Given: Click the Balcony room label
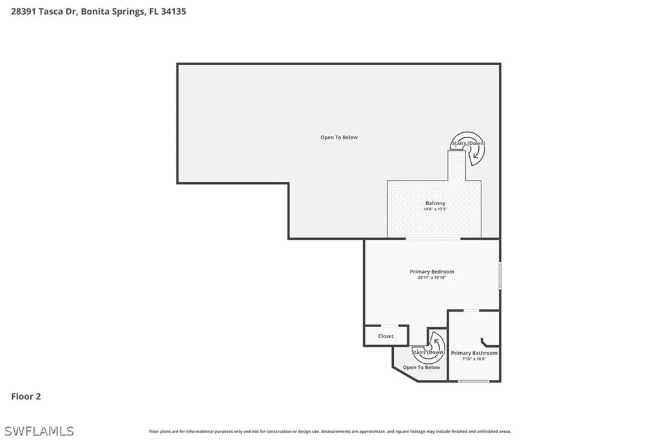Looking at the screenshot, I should pos(435,203).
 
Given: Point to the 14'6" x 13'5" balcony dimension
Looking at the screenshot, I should pos(435,209).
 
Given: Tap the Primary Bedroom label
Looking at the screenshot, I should pos(432,272).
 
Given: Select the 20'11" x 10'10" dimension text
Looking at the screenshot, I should pos(432,278).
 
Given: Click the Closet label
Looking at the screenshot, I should pos(386,336).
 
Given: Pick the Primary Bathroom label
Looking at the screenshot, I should pos(474,353).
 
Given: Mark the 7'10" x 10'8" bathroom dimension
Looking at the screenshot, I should pos(474,359).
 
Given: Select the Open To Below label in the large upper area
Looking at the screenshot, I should pos(339,137).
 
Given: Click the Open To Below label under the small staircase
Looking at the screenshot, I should pos(422,367).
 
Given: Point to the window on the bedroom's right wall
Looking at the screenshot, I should pos(500,275).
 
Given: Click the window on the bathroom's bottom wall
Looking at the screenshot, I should pos(474,381).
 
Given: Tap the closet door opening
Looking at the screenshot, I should pos(389,326).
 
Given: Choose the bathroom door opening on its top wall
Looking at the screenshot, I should pos(472,310).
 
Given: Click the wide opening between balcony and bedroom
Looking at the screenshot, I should pos(432,239).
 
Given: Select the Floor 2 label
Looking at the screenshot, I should pos(26,397).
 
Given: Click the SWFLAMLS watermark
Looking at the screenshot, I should pos(39,431).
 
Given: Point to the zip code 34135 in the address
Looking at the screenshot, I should pos(173,12).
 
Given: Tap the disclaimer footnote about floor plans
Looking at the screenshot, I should pos(330,432).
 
